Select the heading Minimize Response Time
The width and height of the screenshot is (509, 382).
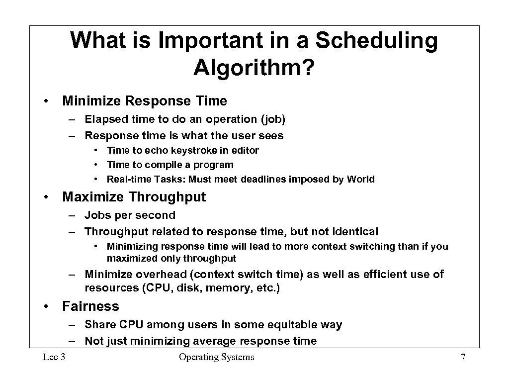(x=144, y=101)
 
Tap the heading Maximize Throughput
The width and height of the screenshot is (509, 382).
(x=134, y=197)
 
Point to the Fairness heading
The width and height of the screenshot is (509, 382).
(x=90, y=306)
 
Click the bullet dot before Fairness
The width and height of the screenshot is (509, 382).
(x=46, y=306)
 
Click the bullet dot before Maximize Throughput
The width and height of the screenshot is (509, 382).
(x=46, y=197)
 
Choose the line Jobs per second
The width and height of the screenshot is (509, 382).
(x=130, y=215)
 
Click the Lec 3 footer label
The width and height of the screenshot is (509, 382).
(x=54, y=357)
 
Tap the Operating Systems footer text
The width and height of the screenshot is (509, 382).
(x=216, y=357)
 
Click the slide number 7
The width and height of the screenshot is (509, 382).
(x=463, y=357)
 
